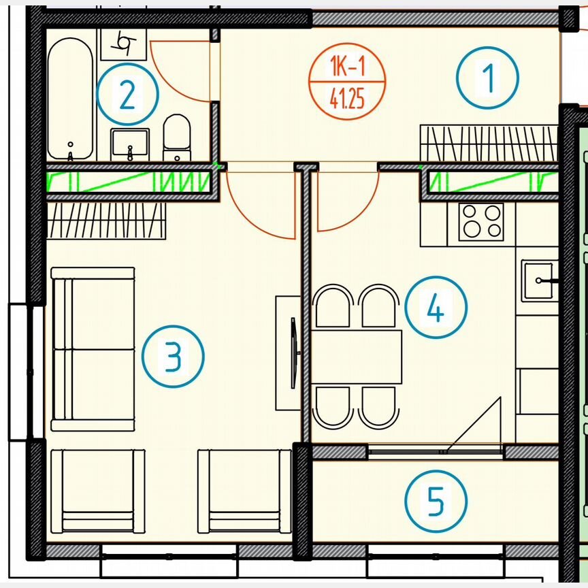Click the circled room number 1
[x=487, y=78]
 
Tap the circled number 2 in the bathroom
[x=127, y=94]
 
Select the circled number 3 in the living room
[x=173, y=356]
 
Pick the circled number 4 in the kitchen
[x=436, y=308]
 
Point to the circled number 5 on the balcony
[x=436, y=501]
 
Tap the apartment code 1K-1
[x=347, y=67]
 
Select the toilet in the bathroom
[x=177, y=137]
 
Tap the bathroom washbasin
[x=130, y=145]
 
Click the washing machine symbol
[x=123, y=44]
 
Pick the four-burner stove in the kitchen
[x=482, y=222]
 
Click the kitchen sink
[x=539, y=280]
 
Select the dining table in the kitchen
[x=356, y=357]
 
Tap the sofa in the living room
[x=93, y=349]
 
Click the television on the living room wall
[x=293, y=353]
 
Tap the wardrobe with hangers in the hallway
[x=489, y=144]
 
